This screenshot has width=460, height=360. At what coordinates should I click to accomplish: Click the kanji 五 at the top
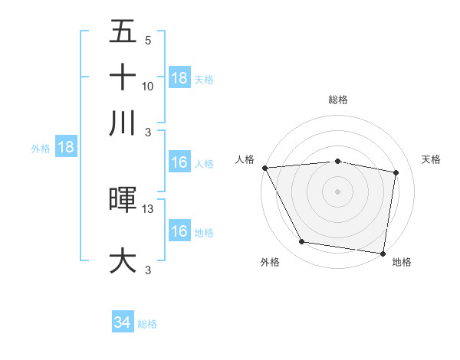[x=123, y=33]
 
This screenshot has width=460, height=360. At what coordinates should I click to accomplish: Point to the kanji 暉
[x=123, y=201]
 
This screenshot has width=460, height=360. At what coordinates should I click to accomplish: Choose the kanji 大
[x=123, y=260]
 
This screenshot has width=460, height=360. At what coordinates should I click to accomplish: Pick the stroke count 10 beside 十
[x=148, y=87]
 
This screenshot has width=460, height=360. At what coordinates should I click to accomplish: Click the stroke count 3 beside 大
[x=147, y=269]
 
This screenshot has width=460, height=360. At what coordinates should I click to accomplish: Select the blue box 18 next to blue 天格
[x=179, y=78]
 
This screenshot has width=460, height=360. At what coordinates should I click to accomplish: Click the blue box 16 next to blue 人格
[x=179, y=163]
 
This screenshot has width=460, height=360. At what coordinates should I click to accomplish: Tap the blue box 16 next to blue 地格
[x=179, y=232]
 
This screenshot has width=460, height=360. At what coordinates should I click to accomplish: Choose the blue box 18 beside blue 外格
[x=66, y=148]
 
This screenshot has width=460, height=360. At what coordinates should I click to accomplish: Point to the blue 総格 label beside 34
[x=147, y=324]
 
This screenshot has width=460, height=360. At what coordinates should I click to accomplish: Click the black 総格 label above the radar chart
[x=337, y=100]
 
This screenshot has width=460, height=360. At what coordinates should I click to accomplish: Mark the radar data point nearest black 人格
[x=264, y=168]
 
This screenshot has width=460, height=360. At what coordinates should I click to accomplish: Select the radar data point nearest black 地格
[x=383, y=253]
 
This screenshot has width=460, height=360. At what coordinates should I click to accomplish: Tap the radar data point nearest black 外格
[x=302, y=242]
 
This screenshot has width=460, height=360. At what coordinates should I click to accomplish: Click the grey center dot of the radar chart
[x=337, y=191]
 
